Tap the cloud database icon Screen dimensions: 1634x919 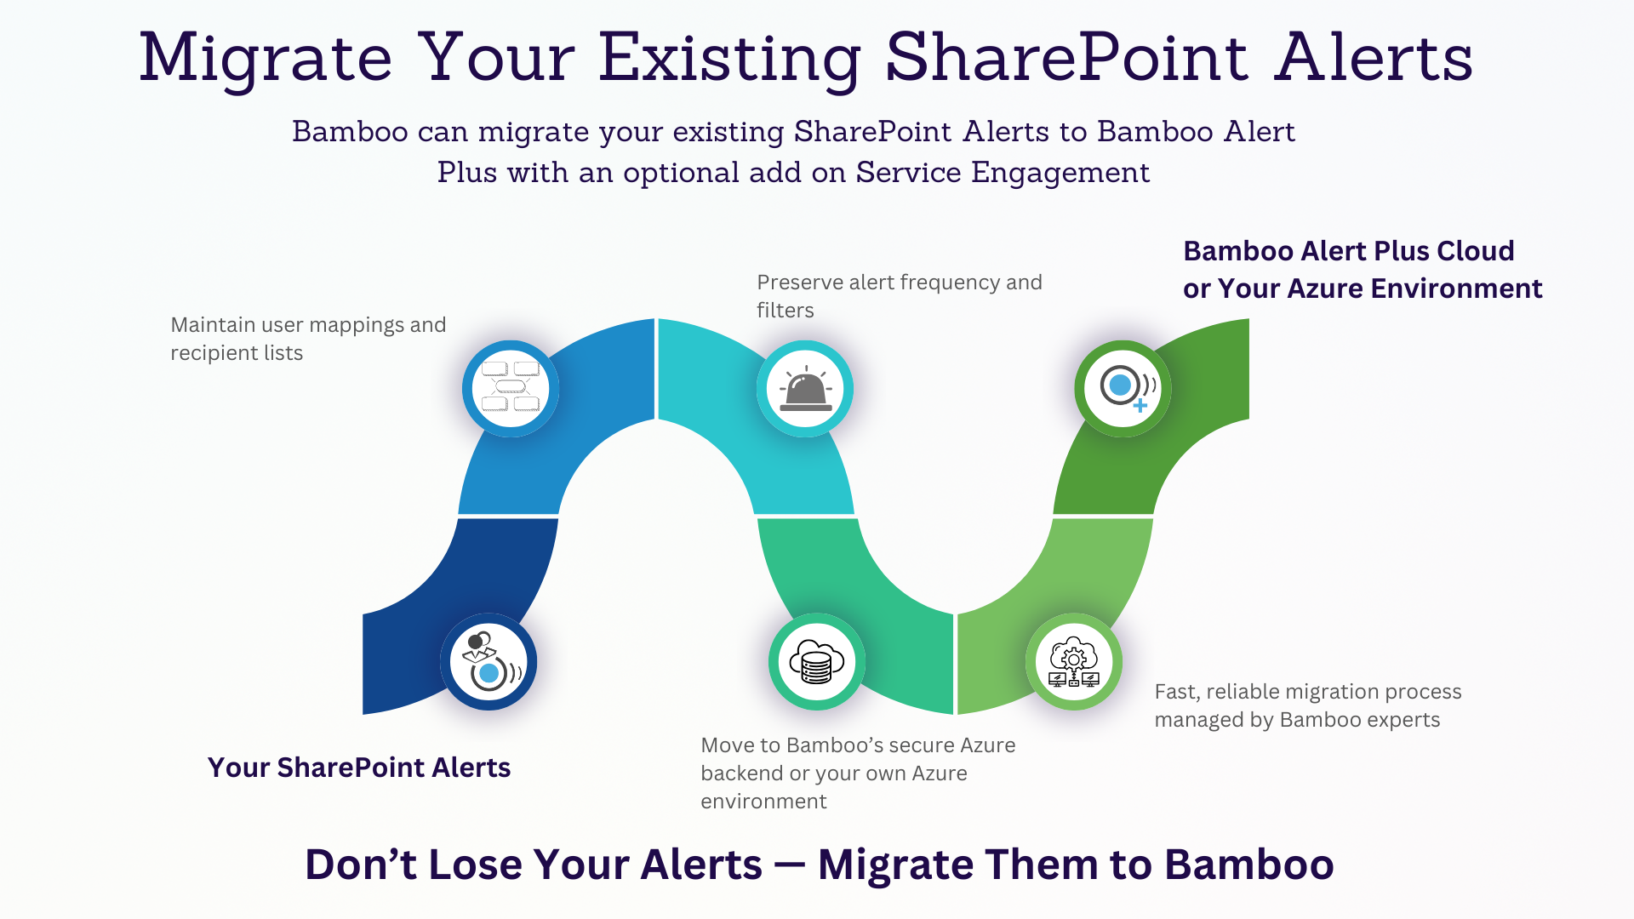[816, 662]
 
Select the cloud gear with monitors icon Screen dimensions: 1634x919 [1074, 662]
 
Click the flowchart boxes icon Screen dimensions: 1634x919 [511, 387]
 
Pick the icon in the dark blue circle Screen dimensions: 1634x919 [490, 661]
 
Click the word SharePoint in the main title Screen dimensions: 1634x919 [1067, 58]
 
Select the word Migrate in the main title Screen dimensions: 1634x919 [266, 58]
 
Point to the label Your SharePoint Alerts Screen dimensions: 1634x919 [359, 768]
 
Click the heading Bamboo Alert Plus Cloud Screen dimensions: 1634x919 [1349, 251]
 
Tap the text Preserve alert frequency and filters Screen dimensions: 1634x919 [900, 296]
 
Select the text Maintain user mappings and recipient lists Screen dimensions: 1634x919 [308, 339]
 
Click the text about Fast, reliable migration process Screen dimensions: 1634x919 [1308, 705]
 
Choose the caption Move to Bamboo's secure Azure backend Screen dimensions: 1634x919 [858, 773]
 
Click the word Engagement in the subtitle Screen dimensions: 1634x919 [1060, 173]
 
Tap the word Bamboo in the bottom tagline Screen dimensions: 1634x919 [1249, 865]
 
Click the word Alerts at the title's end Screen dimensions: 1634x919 [1374, 58]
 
